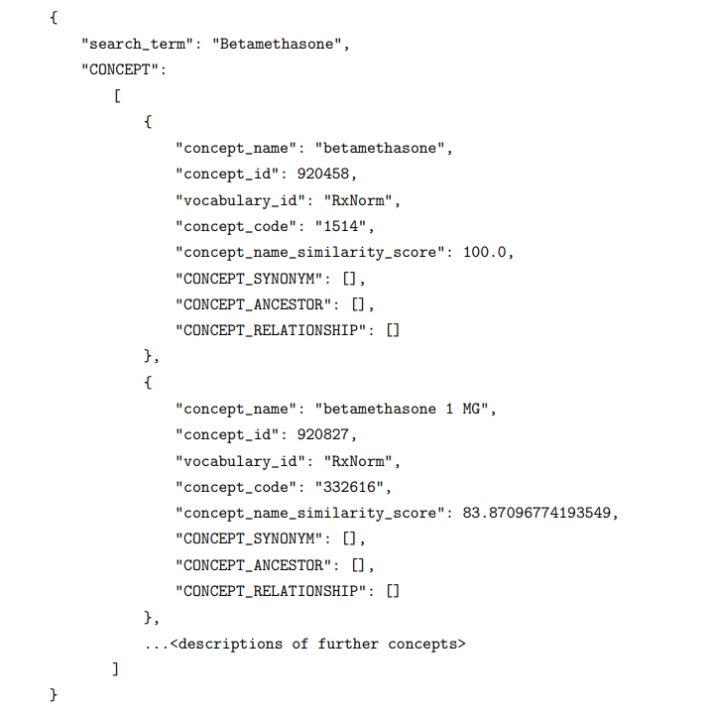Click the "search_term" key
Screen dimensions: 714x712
138,45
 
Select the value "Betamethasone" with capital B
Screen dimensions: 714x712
277,44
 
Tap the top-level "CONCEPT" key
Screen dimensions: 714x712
120,69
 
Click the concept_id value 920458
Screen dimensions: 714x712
323,174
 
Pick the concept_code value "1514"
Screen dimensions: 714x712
341,226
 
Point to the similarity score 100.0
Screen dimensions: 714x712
485,252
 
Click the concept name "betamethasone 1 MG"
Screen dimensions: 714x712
402,409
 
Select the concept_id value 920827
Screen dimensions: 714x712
323,434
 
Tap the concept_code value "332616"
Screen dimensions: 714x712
350,487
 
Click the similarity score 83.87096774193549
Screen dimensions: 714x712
536,513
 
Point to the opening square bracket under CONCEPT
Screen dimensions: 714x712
117,96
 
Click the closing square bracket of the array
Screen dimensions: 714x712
116,669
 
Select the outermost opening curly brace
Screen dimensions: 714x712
54,18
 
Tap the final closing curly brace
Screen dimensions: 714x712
54,695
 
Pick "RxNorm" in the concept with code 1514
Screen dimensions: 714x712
358,200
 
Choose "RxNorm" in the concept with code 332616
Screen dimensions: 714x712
358,461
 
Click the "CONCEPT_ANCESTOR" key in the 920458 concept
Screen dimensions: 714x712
253,304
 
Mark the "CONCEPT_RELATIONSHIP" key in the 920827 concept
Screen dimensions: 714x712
271,591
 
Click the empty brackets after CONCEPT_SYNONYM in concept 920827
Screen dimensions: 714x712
349,539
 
